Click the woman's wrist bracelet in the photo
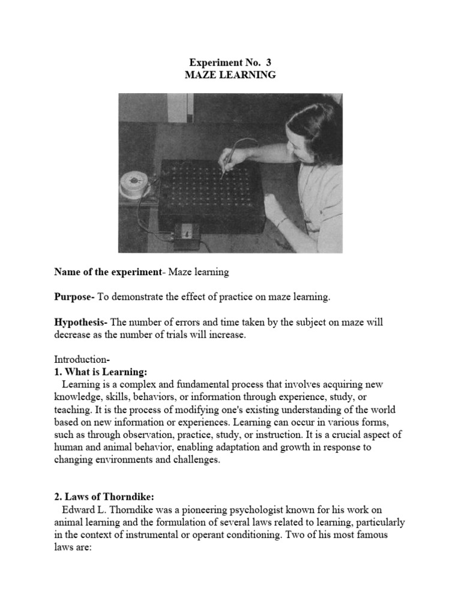tap(280, 222)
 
